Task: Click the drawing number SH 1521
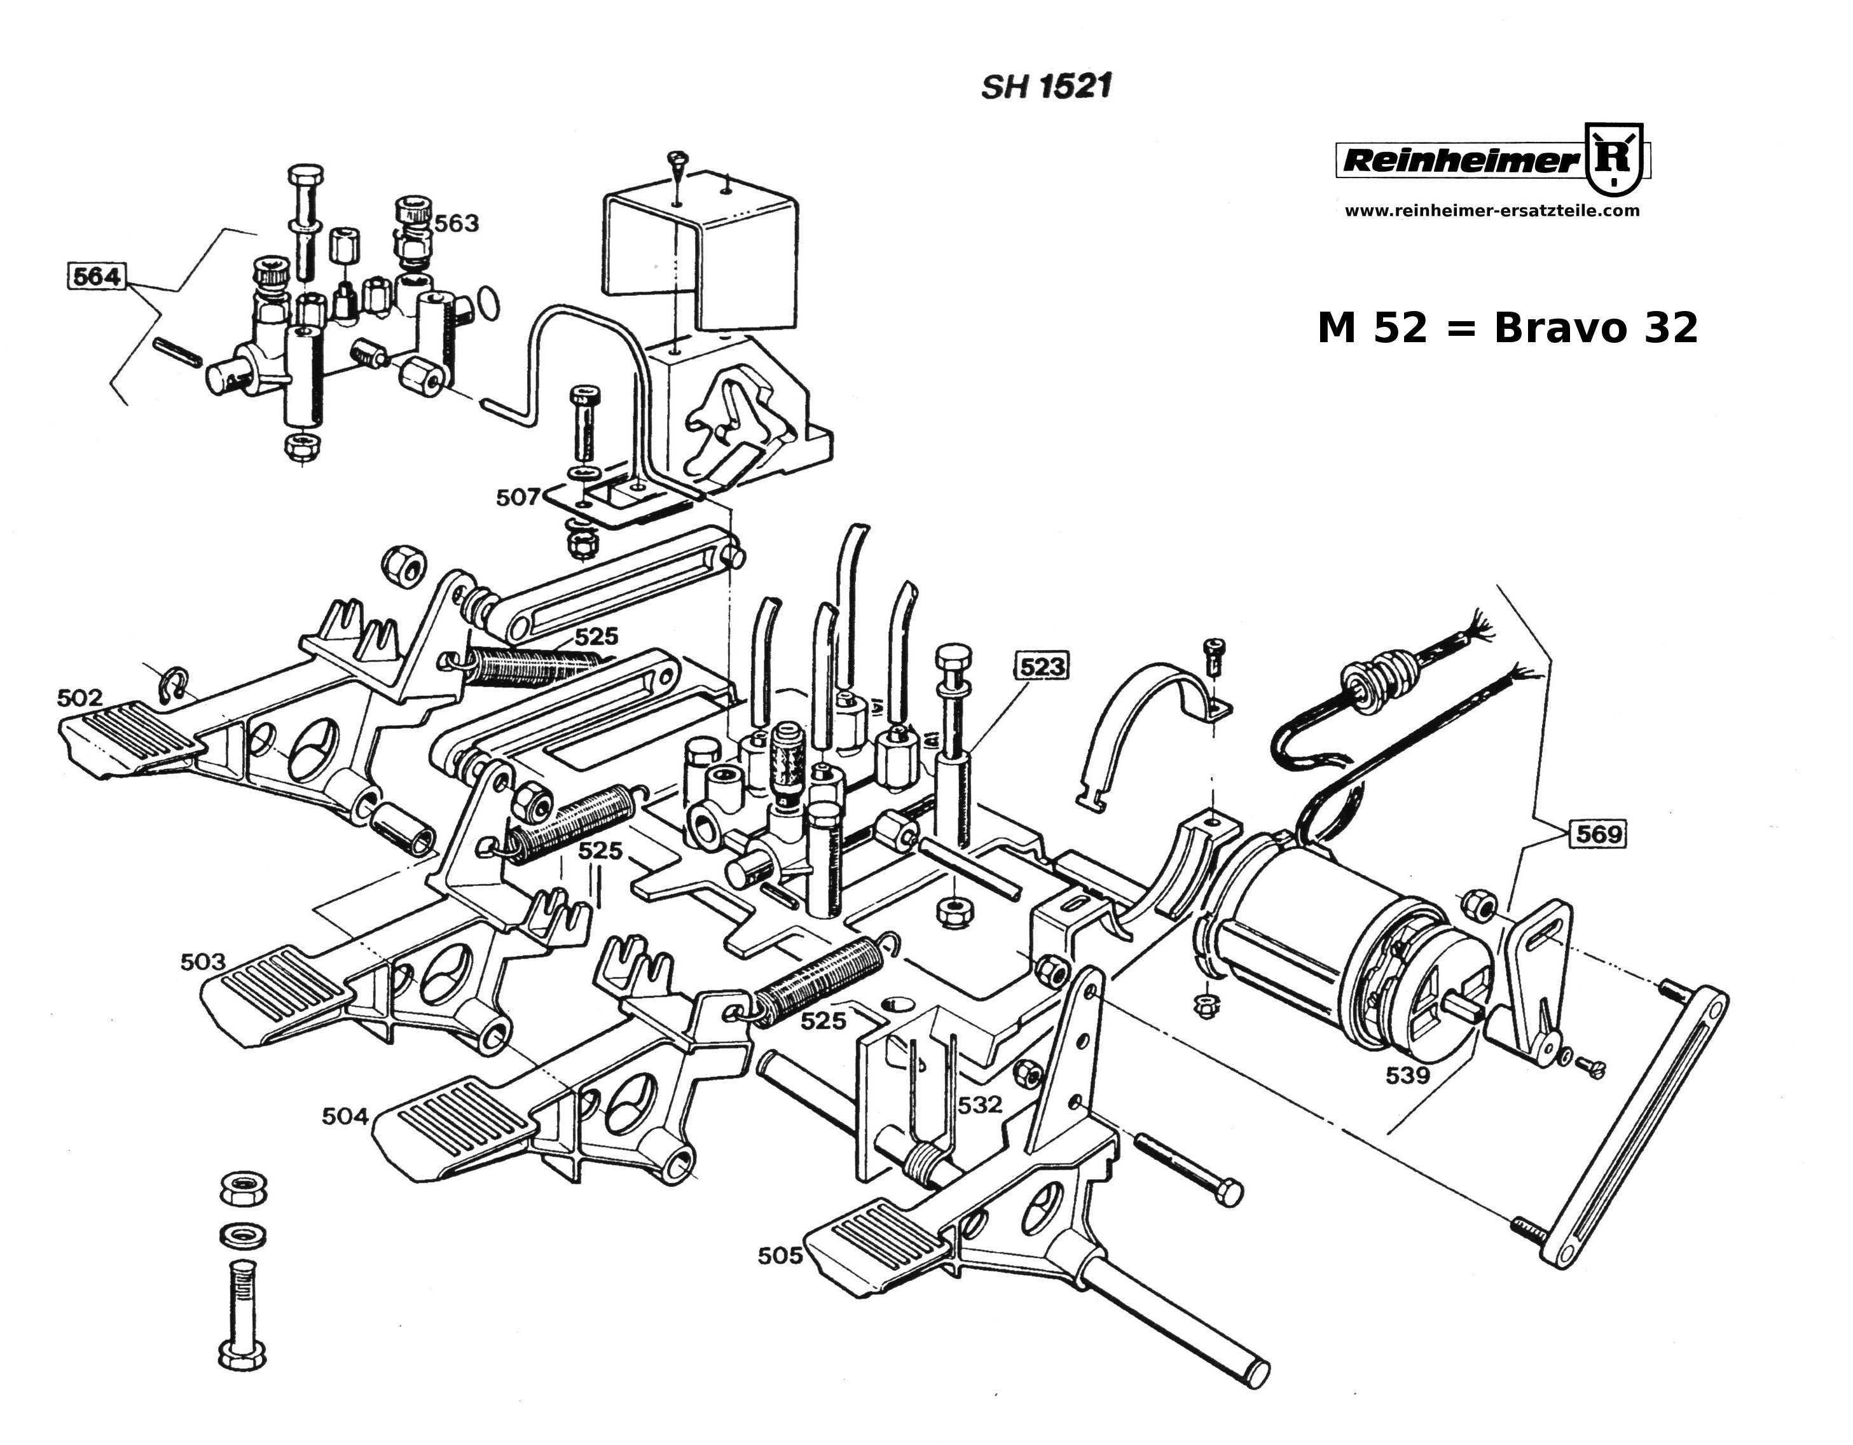click(x=1045, y=86)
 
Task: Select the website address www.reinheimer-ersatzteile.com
click(x=1492, y=211)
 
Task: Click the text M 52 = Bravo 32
click(x=1507, y=328)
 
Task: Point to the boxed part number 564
click(x=96, y=277)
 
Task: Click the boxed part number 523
click(x=1041, y=667)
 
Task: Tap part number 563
click(x=457, y=223)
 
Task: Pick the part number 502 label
click(x=79, y=698)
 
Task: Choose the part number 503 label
click(x=203, y=962)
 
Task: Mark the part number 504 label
click(x=345, y=1116)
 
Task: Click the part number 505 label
click(x=780, y=1255)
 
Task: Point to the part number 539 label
click(x=1408, y=1075)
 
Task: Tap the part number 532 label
click(x=980, y=1104)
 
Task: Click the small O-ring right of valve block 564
click(x=489, y=302)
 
